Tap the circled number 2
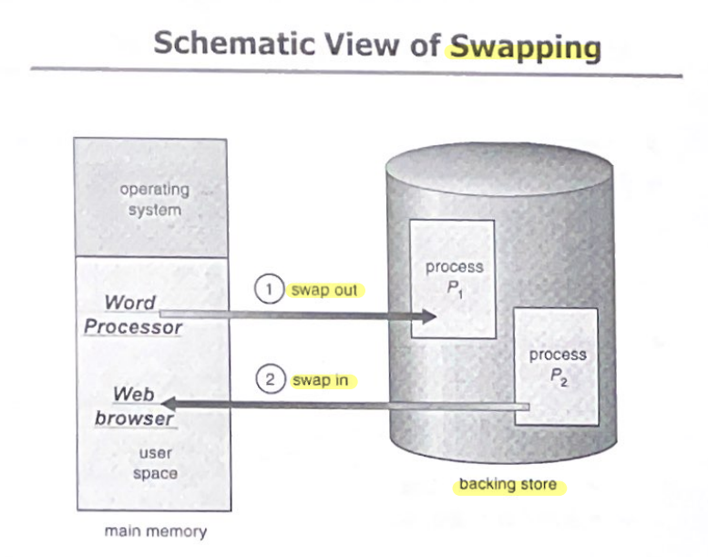270,380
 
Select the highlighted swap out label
324,291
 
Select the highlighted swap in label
321,380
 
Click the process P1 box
453,278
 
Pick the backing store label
508,484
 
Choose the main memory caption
155,531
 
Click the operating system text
154,200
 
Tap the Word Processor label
133,314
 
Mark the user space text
155,463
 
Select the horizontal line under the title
355,71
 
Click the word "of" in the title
425,45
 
